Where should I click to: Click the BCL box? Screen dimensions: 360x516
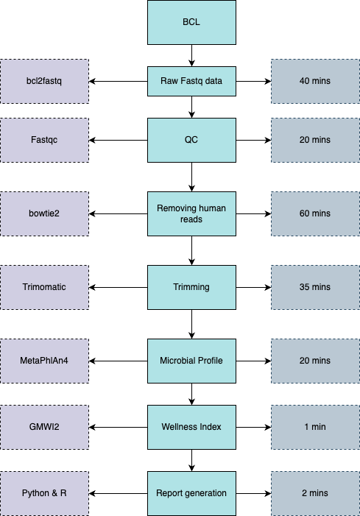coord(191,22)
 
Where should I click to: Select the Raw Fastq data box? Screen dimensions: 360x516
coord(191,81)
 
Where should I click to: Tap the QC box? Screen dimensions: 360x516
coord(191,140)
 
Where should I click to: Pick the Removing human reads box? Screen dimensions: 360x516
coord(191,214)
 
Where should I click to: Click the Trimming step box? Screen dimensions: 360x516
coord(191,287)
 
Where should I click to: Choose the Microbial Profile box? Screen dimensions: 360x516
coord(191,361)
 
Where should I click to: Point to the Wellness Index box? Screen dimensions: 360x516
coord(191,427)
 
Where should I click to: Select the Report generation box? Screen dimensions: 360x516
coord(191,493)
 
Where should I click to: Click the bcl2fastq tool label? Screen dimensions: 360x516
coord(44,81)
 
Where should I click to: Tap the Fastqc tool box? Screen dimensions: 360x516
coord(44,140)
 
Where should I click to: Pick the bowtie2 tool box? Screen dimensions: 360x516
coord(44,214)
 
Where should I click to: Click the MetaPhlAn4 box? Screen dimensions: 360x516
coord(44,361)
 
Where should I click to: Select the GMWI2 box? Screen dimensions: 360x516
coord(44,427)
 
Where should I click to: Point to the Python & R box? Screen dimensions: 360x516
coord(44,493)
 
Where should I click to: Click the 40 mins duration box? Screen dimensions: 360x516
coord(315,81)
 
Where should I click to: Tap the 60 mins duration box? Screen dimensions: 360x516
coord(315,214)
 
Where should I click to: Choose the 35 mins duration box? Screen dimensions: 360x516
coord(315,287)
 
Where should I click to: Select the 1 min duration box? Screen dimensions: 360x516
coord(315,427)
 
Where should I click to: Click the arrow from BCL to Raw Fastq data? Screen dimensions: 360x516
coord(191,55)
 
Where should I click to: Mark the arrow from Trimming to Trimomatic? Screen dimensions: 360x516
coord(118,287)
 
